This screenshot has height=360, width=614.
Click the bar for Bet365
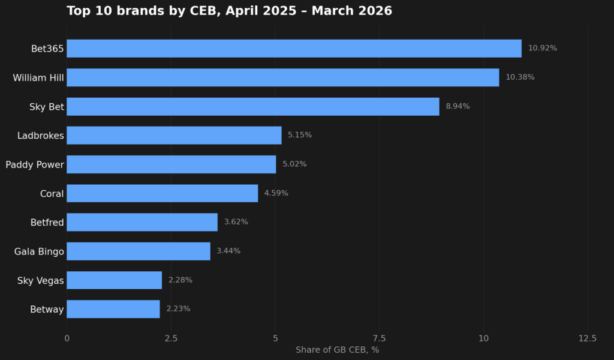294,49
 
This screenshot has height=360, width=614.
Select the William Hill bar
283,77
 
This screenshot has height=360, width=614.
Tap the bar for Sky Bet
253,107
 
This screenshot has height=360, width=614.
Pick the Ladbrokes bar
174,135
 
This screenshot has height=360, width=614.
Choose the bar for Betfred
142,222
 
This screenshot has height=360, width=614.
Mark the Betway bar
113,309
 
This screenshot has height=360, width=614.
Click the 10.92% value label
542,48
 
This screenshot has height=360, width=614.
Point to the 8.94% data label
458,106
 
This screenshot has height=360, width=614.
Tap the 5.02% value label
294,164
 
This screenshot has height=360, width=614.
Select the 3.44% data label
228,251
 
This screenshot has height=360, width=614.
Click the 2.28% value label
180,280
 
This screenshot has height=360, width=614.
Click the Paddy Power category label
34,165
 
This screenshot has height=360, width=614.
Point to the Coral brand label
52,194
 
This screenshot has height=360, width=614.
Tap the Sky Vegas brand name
40,281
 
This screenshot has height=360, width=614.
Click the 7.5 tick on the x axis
379,338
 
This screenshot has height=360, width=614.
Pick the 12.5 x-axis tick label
588,338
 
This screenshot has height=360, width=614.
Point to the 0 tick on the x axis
67,338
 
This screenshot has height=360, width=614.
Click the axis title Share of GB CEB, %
337,350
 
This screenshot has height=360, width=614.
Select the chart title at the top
229,11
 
